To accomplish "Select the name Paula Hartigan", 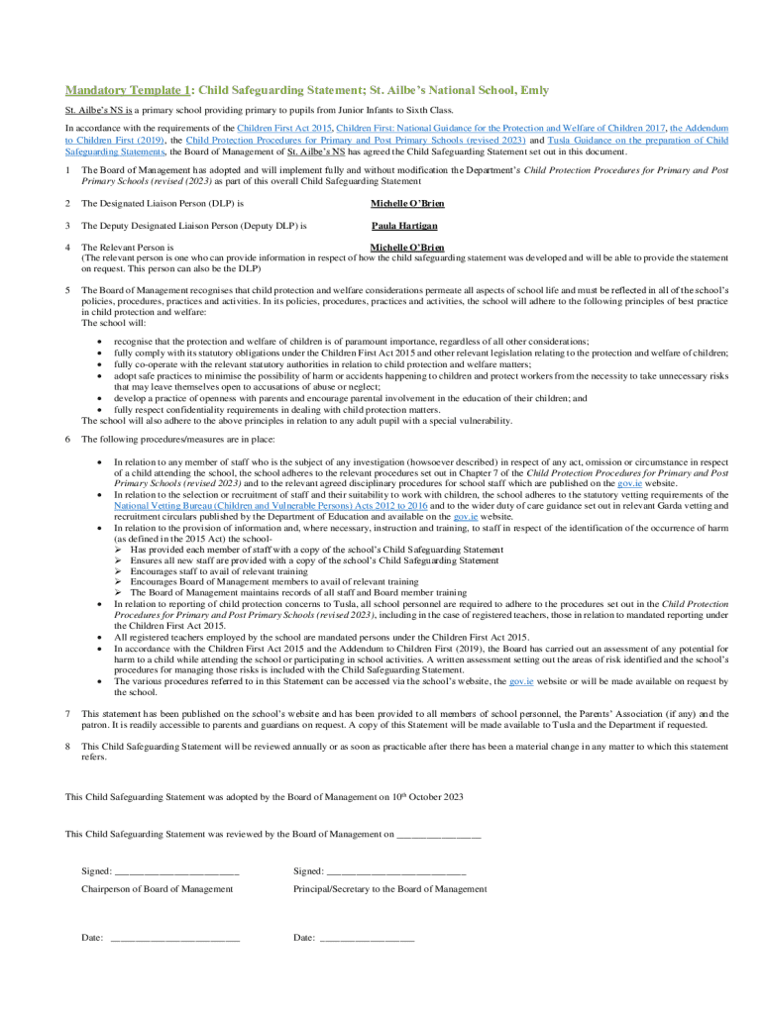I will (404, 226).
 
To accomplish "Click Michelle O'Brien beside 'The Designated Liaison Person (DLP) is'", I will (407, 203).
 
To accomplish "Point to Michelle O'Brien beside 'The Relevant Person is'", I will (407, 248).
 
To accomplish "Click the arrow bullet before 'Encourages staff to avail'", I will (119, 571).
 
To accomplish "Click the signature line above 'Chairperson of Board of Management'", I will (176, 871).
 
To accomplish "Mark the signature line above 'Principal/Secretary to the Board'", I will (395, 871).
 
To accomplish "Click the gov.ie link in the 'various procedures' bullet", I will (520, 681).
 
